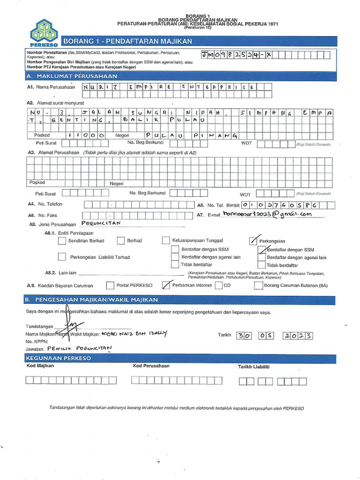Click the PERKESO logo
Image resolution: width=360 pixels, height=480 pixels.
click(44, 33)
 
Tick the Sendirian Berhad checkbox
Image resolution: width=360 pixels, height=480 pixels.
click(62, 241)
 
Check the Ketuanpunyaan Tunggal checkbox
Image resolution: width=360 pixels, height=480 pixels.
click(165, 240)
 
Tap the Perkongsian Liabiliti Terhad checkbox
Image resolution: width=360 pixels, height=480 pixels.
click(62, 257)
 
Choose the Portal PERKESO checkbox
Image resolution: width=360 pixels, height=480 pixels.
click(110, 285)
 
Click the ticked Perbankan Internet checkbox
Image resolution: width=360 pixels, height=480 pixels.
click(165, 285)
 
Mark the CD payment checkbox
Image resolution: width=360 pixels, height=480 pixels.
click(218, 285)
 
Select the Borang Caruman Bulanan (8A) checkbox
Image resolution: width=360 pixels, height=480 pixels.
click(258, 285)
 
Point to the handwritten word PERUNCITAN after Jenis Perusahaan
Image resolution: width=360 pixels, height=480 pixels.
click(101, 224)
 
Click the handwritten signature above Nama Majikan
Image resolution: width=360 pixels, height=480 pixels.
click(73, 326)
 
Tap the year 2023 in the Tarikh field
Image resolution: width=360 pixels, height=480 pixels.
click(298, 336)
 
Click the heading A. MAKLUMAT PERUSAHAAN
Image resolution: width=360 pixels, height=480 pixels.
click(72, 76)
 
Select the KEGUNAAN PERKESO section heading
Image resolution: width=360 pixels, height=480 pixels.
click(59, 358)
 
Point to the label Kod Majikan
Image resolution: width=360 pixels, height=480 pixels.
click(40, 366)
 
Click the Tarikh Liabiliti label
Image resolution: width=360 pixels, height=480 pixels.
click(254, 367)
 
